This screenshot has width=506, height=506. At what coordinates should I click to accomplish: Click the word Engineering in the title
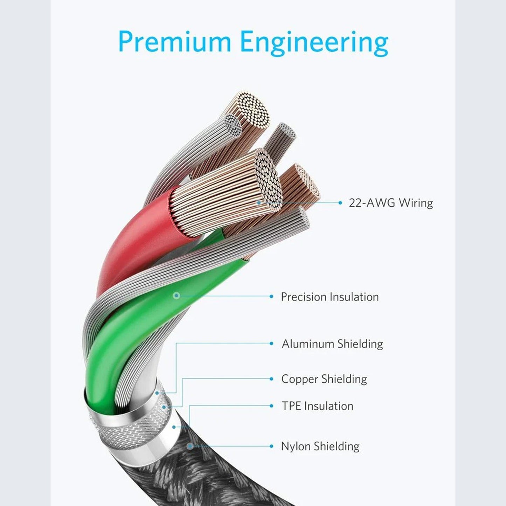pos(314,43)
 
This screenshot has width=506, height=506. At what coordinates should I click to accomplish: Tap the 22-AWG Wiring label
pos(391,203)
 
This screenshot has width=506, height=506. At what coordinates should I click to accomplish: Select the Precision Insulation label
pos(330,297)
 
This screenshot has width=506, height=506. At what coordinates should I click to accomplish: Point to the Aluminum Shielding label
pos(332,344)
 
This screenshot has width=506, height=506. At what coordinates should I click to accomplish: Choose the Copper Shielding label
pos(324,379)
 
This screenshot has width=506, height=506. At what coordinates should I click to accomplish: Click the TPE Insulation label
pos(317,406)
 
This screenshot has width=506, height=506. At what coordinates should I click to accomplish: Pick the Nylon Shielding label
pos(320,446)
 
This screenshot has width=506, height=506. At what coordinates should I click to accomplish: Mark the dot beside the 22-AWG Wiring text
pos(340,203)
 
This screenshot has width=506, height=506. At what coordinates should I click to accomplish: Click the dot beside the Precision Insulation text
pos(271,297)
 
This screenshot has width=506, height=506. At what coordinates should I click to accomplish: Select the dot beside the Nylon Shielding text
pos(271,446)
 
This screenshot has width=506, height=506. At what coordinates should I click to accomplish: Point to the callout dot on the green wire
pos(177,296)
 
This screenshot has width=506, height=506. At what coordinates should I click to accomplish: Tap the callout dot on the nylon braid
pos(190,446)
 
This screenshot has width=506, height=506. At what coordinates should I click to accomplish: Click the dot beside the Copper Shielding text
pos(271,379)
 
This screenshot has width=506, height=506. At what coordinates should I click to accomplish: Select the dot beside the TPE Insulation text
pos(271,406)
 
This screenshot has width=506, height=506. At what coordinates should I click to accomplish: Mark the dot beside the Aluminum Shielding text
pos(271,344)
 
